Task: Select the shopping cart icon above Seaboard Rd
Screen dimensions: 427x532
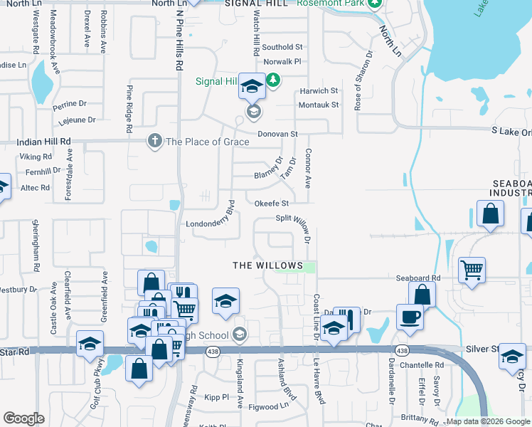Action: click(x=472, y=270)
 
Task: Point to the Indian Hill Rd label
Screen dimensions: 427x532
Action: click(x=43, y=142)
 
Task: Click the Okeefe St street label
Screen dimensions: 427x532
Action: click(x=272, y=204)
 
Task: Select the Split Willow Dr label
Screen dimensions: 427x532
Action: click(x=294, y=218)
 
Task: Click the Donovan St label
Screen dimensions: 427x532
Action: click(x=277, y=134)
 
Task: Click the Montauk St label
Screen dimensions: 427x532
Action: click(x=318, y=105)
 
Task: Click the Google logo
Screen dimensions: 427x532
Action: click(x=24, y=418)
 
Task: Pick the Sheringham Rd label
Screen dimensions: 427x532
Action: click(x=33, y=246)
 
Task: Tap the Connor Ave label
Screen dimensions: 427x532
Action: click(x=308, y=169)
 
